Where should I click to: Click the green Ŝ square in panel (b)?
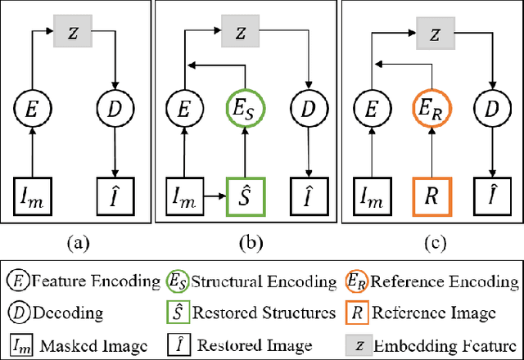(x=242, y=197)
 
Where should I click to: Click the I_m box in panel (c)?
(x=373, y=197)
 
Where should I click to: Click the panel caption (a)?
(x=78, y=241)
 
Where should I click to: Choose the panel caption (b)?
(x=247, y=241)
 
